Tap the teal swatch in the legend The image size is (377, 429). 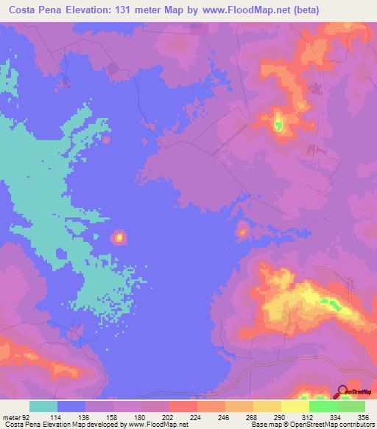pos(43,407)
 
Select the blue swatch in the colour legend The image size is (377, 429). pos(71,407)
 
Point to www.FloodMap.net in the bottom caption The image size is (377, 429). pos(157,424)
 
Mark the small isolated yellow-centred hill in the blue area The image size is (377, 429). pos(118,237)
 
